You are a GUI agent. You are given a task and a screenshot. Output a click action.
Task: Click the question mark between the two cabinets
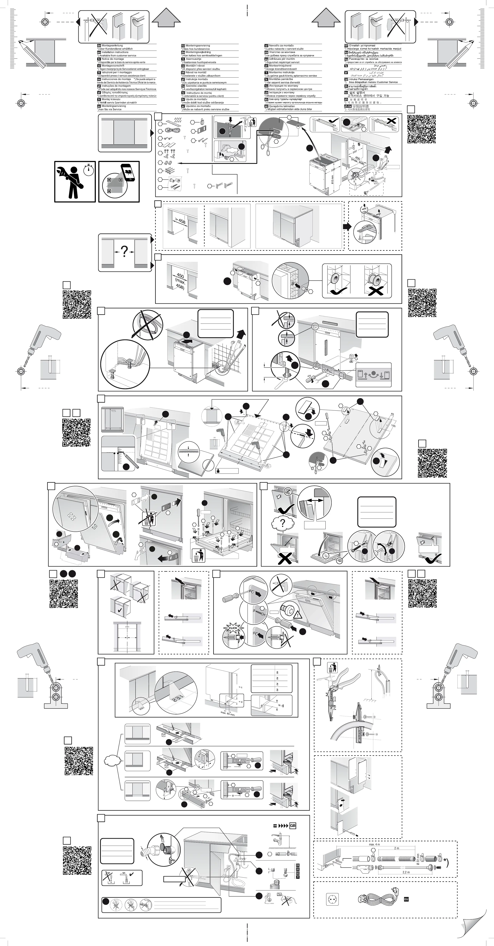pyautogui.click(x=125, y=251)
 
